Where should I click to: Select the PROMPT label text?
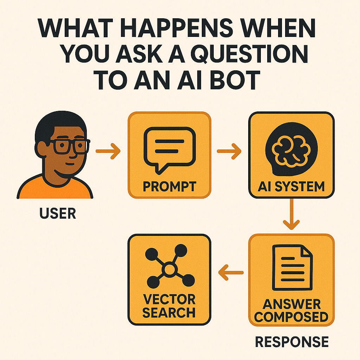pyautogui.click(x=169, y=186)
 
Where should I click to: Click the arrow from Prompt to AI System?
pyautogui.click(x=229, y=152)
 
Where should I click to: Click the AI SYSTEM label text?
pyautogui.click(x=291, y=186)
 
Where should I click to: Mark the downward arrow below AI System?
pyautogui.click(x=291, y=214)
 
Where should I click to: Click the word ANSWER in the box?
pyautogui.click(x=291, y=304)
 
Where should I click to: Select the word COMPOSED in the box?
pyautogui.click(x=291, y=317)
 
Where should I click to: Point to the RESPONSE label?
pyautogui.click(x=291, y=342)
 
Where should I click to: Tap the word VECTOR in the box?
pyautogui.click(x=169, y=300)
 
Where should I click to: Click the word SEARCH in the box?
pyautogui.click(x=169, y=313)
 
